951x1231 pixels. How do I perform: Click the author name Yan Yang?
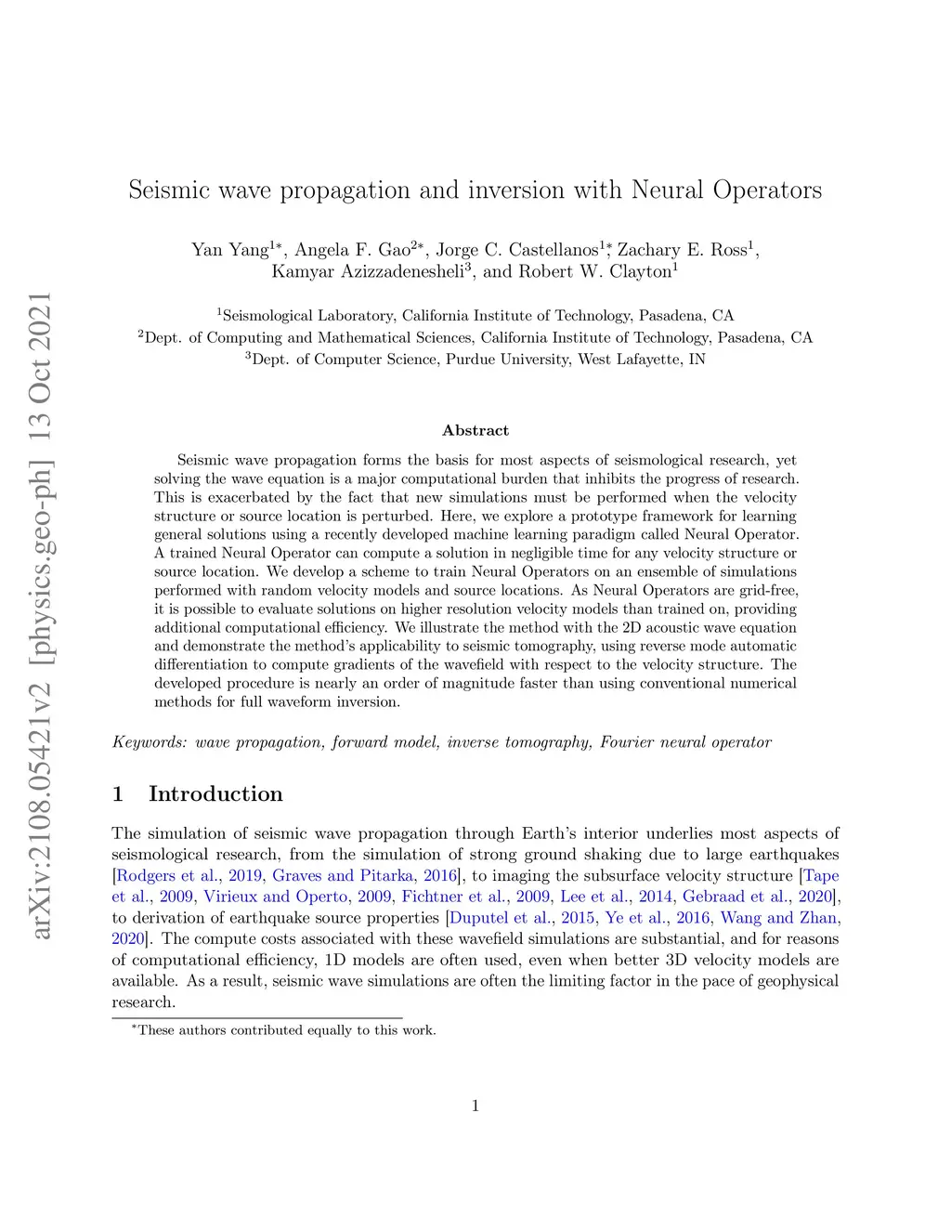pos(229,250)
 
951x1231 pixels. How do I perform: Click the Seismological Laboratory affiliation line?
pos(475,316)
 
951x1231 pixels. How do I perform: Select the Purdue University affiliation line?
pos(475,360)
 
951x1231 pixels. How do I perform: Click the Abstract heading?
pos(475,430)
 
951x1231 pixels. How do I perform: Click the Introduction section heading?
pos(215,794)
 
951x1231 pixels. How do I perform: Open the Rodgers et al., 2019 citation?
pos(189,876)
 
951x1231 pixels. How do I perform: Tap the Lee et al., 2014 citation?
pos(603,897)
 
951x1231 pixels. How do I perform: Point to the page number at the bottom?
pos(475,1106)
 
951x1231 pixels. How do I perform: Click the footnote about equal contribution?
pos(284,1030)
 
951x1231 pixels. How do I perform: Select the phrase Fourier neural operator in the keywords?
pos(685,742)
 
